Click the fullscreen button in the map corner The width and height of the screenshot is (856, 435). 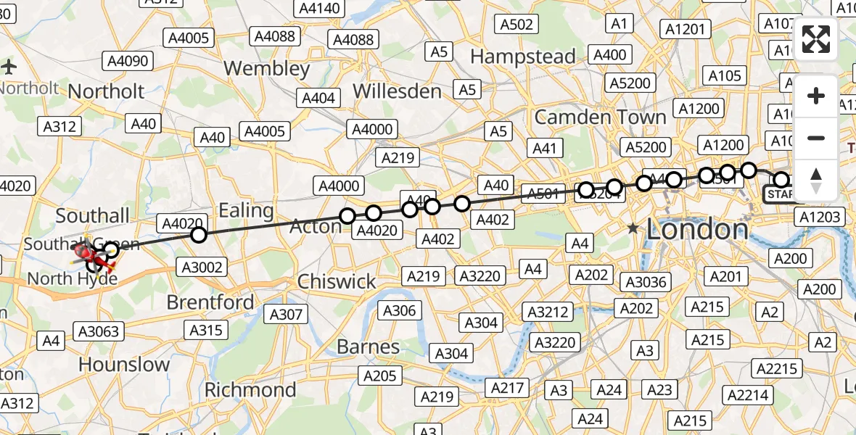point(816,39)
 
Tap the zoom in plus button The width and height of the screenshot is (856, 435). point(816,96)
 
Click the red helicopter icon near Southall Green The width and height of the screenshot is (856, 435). point(86,254)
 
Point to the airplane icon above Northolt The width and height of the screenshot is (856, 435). point(9,67)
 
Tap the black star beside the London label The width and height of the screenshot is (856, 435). point(633,228)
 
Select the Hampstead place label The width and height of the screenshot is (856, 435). point(523,56)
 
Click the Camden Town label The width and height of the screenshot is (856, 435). point(600,117)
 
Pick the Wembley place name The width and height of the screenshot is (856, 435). point(266,69)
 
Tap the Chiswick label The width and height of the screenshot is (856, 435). point(337,281)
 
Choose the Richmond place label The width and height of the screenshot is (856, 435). point(250,389)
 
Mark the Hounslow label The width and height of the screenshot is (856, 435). point(123,364)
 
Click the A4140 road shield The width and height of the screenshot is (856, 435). point(318,8)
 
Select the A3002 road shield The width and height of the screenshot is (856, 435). point(201,268)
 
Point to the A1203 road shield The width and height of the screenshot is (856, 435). point(820,216)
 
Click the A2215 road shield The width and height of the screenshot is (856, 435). point(778,368)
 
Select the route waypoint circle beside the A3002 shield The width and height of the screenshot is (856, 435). point(198,235)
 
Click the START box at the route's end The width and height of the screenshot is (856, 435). point(780,194)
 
